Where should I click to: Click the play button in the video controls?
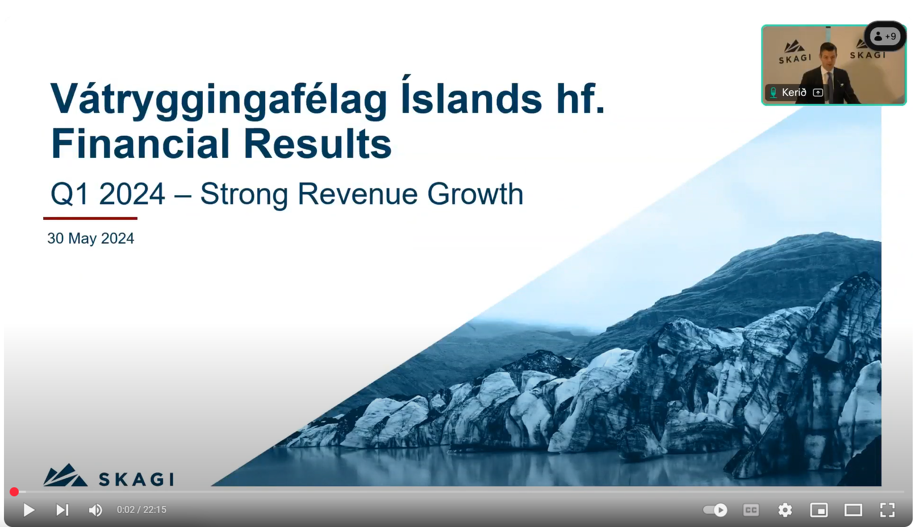[x=28, y=510]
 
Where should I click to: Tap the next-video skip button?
[x=62, y=510]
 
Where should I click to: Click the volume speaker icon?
[x=95, y=510]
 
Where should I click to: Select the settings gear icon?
[x=785, y=510]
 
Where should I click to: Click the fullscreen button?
[x=887, y=510]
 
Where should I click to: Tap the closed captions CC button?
[x=751, y=510]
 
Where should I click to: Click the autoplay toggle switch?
[x=715, y=510]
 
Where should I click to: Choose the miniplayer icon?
[x=819, y=510]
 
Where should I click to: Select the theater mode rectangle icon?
[x=853, y=510]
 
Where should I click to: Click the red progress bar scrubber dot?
[x=14, y=492]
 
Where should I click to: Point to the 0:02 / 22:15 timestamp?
[x=141, y=510]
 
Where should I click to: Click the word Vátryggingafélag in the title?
[x=219, y=100]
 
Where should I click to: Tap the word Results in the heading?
[x=317, y=144]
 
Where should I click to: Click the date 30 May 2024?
[x=91, y=238]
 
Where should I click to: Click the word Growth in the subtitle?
[x=475, y=194]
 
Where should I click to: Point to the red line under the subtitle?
[x=90, y=219]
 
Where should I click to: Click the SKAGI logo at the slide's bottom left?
[x=108, y=475]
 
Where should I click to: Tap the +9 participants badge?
[x=885, y=36]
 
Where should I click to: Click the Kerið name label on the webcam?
[x=793, y=93]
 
